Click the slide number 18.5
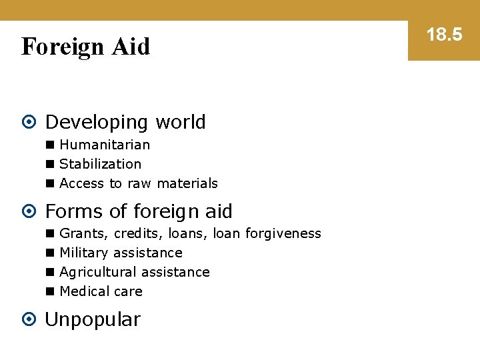tap(444, 35)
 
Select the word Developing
tap(97, 123)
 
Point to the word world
tap(180, 123)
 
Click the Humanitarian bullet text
tap(105, 145)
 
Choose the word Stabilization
tap(101, 164)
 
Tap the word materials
tap(187, 183)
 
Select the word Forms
tap(71, 211)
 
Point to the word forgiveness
tap(283, 233)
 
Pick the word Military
tap(84, 253)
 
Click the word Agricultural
tap(95, 272)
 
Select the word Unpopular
tap(93, 319)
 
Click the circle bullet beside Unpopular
tap(29, 319)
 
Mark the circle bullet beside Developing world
tap(29, 123)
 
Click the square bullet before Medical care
tap(49, 292)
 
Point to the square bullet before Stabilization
tap(49, 165)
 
